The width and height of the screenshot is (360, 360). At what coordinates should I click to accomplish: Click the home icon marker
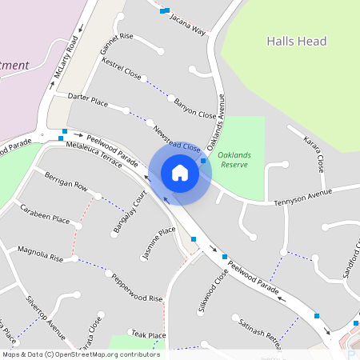tap(180, 174)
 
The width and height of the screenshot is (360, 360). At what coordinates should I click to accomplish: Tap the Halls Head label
tap(297, 41)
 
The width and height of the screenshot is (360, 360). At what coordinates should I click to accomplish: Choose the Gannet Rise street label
tap(117, 44)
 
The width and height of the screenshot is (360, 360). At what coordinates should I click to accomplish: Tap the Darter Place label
tap(88, 99)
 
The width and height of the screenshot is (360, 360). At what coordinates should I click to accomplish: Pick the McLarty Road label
tap(66, 55)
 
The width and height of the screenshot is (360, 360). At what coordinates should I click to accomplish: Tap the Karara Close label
tap(313, 154)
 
